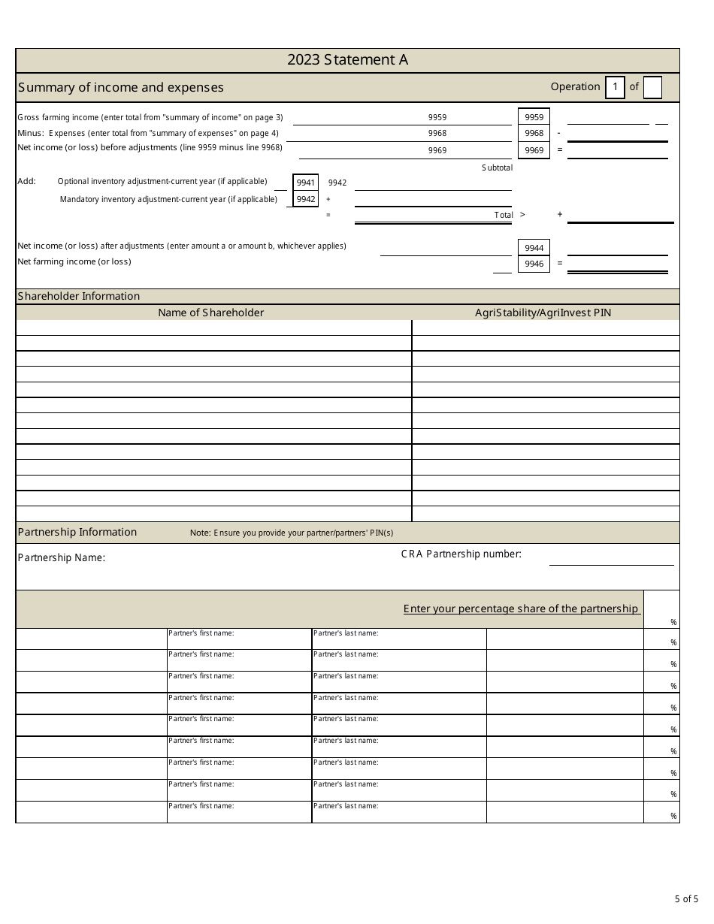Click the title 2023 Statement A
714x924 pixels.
[347, 61]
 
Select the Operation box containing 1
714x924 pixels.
[615, 87]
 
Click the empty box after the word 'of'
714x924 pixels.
[652, 87]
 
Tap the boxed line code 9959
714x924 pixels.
[534, 117]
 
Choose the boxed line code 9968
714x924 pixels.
[534, 133]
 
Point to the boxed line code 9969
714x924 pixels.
[534, 150]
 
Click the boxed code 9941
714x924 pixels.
[305, 183]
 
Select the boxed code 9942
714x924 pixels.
[305, 199]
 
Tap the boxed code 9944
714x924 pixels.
[534, 248]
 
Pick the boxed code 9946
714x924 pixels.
[534, 264]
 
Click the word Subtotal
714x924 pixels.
[497, 168]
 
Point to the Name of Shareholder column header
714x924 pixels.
[210, 313]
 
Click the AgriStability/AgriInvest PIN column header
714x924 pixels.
[543, 313]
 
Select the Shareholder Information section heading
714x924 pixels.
[78, 296]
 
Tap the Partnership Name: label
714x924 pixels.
[61, 557]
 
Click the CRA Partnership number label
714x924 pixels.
[461, 554]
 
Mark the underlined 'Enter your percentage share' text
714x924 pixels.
[521, 608]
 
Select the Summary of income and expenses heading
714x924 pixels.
[120, 87]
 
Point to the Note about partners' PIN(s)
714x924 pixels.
[291, 533]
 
